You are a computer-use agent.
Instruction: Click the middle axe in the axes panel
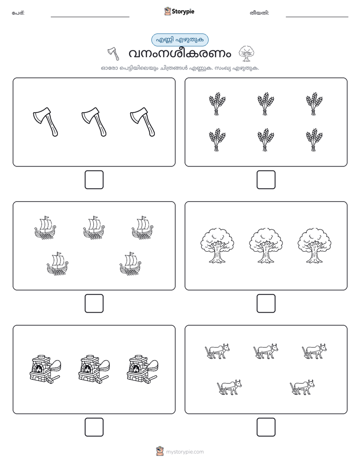click(94, 122)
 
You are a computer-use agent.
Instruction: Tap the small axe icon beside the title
click(113, 53)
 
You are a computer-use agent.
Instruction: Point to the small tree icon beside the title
click(246, 53)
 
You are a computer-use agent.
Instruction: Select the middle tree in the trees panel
click(266, 246)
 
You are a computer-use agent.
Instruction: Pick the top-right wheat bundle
click(314, 104)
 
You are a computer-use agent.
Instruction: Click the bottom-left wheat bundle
click(217, 140)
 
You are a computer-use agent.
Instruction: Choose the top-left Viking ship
click(45, 227)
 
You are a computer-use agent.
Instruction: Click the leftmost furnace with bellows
click(45, 369)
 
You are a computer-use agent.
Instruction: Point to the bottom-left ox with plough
click(229, 387)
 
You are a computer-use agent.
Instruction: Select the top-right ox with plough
click(314, 351)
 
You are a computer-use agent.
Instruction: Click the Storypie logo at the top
click(179, 12)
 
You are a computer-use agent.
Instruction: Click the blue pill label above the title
click(179, 40)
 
